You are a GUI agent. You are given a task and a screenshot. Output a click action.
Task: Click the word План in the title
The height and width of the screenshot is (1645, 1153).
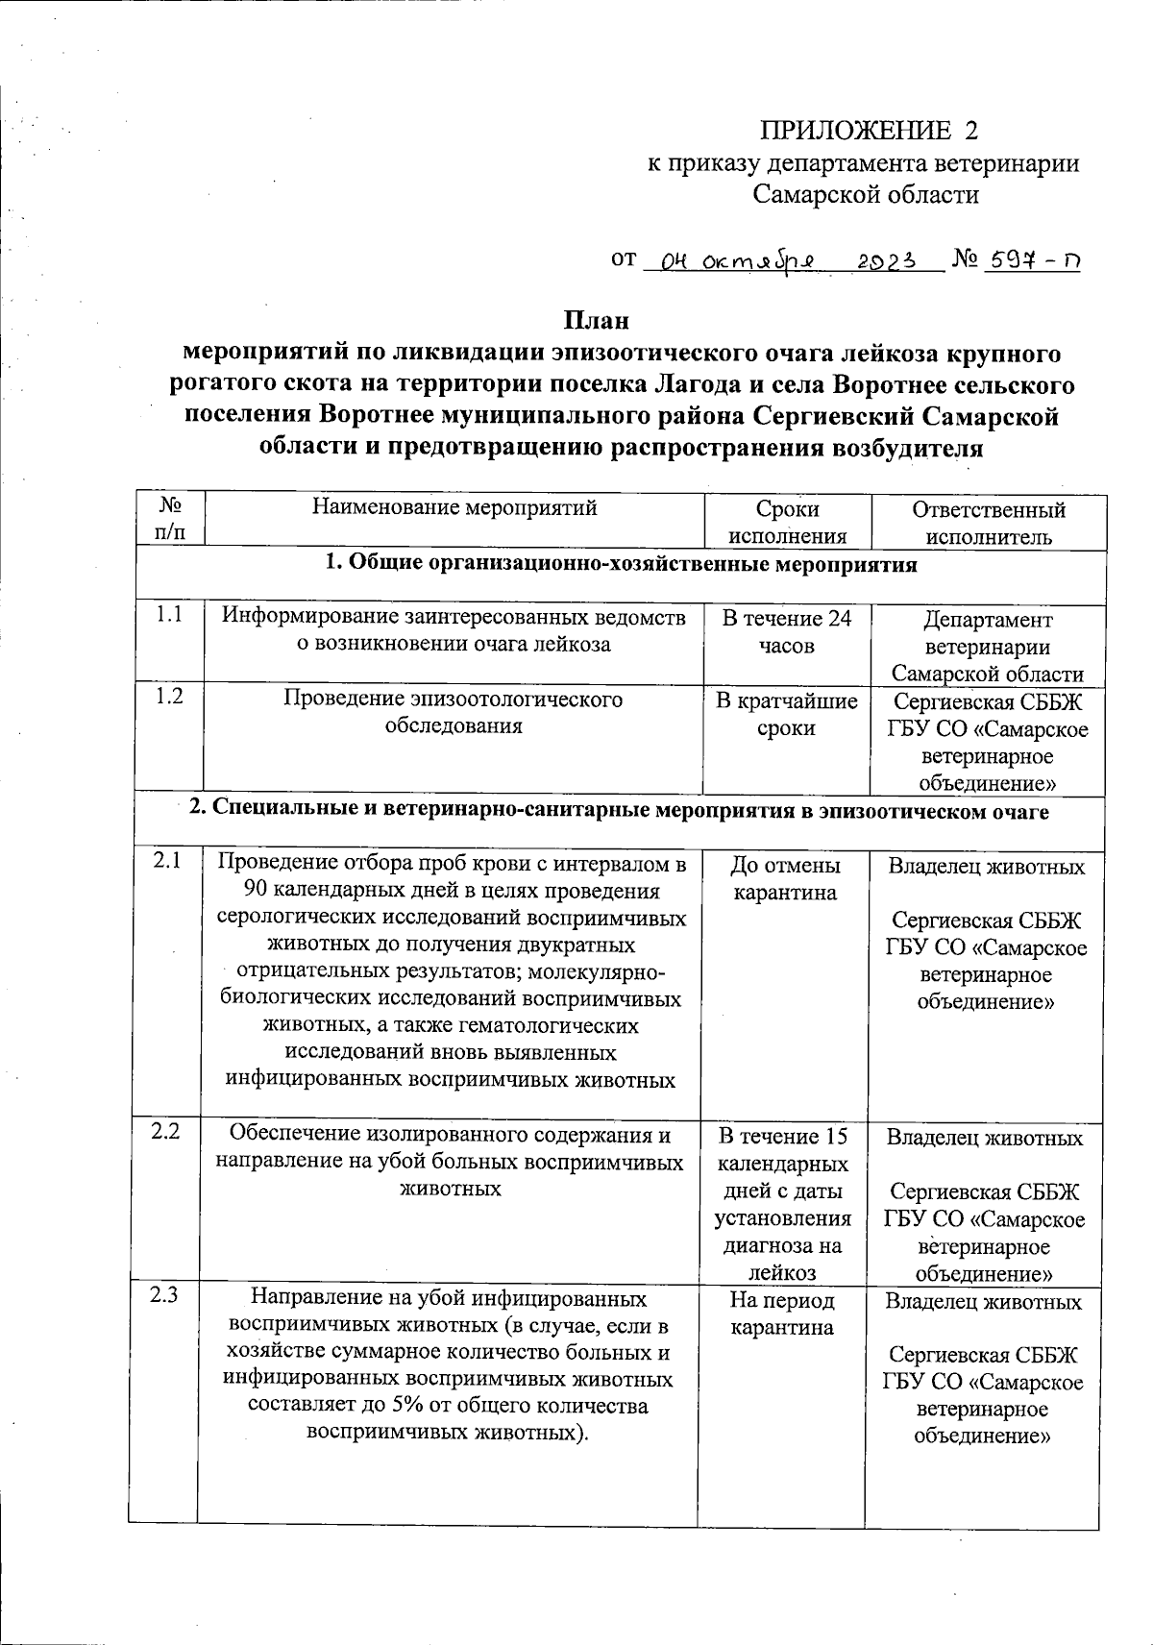click(596, 320)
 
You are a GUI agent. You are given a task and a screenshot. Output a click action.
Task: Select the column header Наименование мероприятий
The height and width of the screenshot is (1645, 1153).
click(454, 508)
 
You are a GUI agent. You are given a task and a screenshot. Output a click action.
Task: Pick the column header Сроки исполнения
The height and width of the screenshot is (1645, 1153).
click(787, 523)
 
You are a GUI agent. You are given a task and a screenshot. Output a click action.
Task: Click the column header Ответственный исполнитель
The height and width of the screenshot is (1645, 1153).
click(988, 523)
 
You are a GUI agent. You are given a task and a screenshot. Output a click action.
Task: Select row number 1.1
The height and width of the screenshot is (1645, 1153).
click(169, 616)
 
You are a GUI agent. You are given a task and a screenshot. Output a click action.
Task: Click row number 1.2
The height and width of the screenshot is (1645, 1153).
click(169, 697)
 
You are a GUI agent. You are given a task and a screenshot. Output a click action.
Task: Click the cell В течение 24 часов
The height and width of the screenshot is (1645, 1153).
click(786, 631)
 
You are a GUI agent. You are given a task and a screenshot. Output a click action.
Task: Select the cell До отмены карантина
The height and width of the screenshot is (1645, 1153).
click(785, 879)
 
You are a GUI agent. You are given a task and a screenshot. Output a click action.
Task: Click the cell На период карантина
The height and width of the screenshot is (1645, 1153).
click(782, 1314)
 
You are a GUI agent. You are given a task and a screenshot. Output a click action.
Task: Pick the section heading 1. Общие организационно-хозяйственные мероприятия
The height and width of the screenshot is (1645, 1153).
click(621, 564)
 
